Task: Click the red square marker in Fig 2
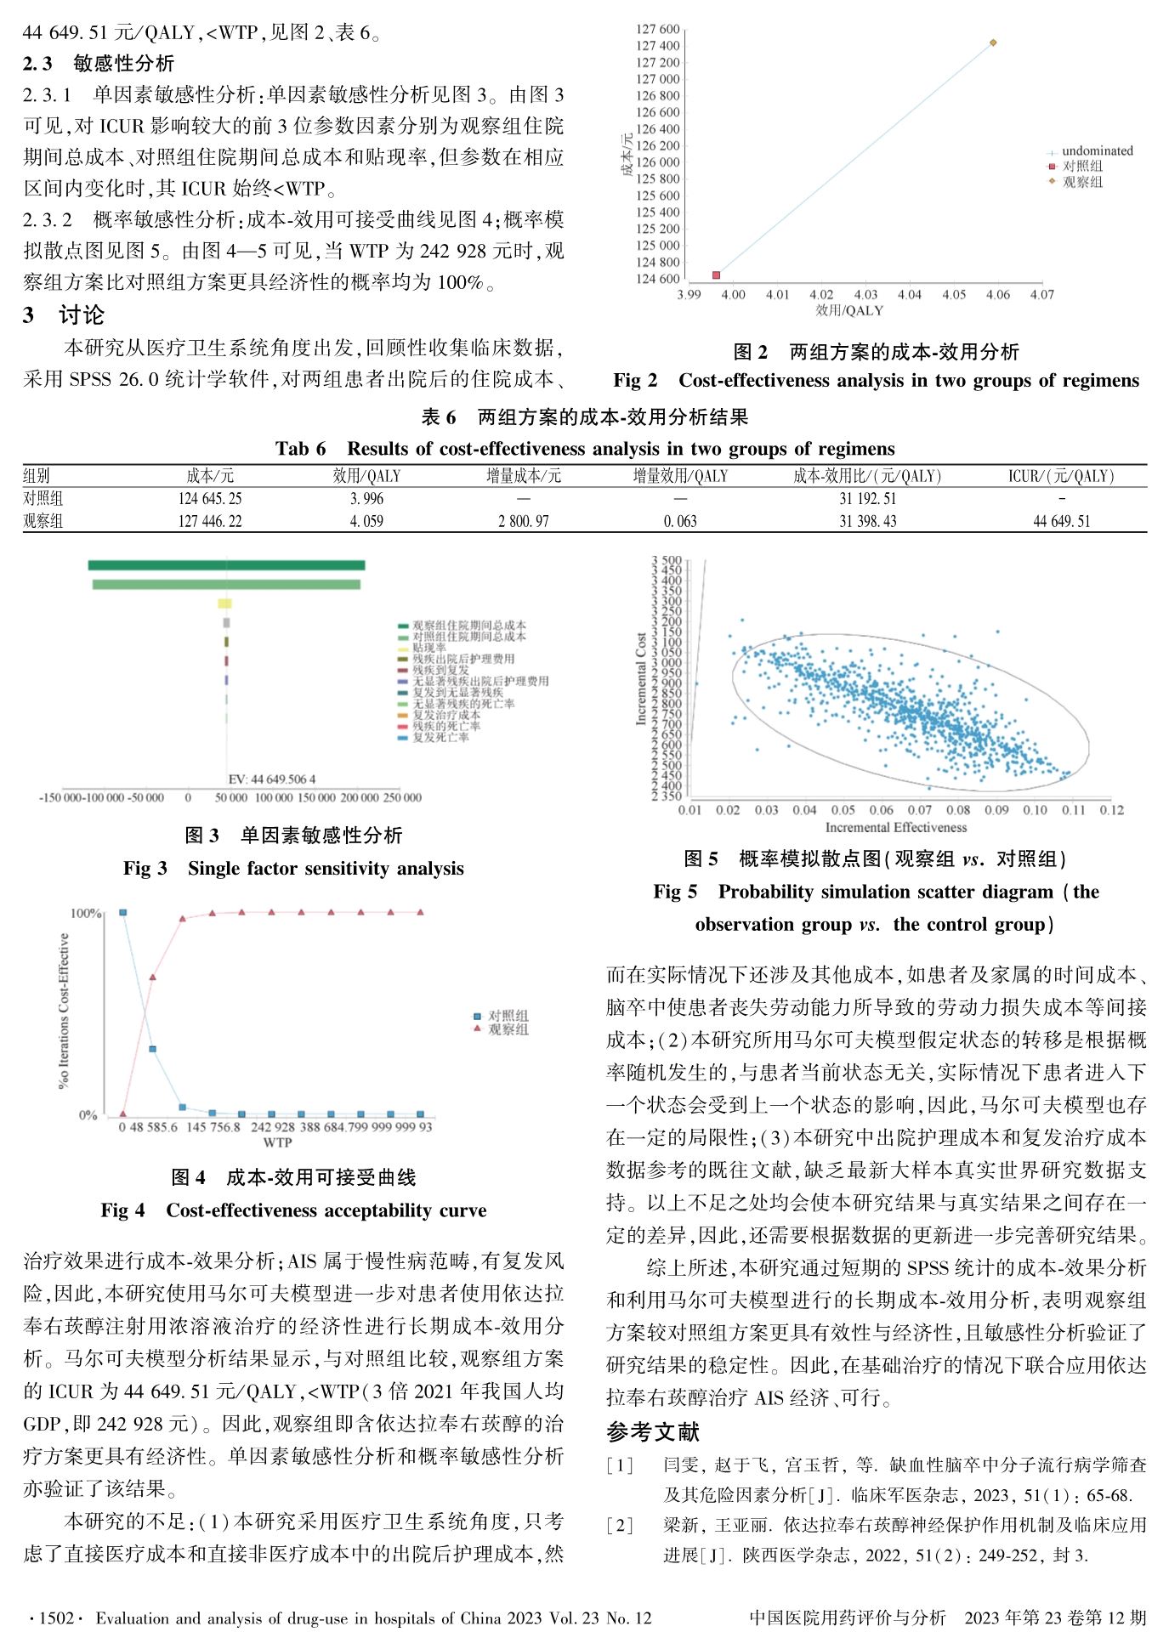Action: [716, 275]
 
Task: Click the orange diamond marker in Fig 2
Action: [993, 42]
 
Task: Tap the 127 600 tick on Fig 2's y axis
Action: [657, 30]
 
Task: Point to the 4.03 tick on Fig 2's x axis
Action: [865, 295]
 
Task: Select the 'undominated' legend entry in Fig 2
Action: [1097, 151]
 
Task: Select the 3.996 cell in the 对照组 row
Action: [366, 499]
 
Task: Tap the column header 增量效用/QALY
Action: [680, 476]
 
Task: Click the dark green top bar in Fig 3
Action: [226, 565]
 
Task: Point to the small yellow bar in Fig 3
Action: [224, 603]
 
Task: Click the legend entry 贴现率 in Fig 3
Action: [429, 648]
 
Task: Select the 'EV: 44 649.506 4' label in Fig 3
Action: [271, 779]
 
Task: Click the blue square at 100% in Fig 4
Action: [123, 912]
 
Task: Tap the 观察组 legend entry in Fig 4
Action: [508, 1030]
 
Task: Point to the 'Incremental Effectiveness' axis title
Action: [895, 827]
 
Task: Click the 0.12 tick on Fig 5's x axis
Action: [1111, 810]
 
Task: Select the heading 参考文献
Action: [652, 1432]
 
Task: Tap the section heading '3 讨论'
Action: [64, 315]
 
